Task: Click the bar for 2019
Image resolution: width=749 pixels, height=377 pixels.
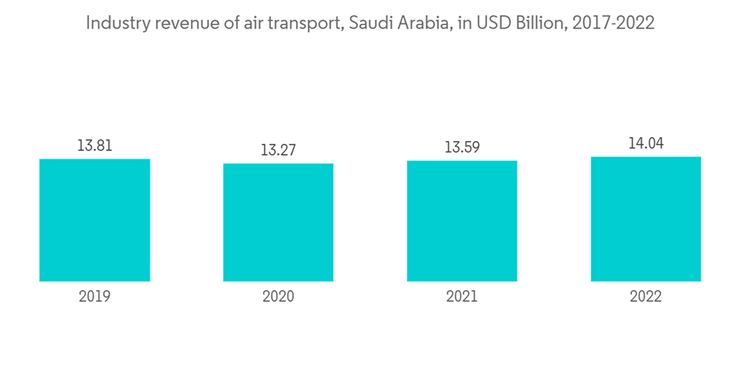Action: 94,220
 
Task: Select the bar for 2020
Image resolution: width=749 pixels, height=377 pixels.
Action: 278,222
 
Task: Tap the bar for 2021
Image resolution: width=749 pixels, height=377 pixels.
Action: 462,221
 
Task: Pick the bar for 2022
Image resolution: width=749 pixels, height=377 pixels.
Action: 646,219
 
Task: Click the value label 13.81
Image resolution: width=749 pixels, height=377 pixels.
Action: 94,146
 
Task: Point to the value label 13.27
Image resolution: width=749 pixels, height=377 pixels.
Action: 278,150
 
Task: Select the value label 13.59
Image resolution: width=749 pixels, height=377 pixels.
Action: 462,147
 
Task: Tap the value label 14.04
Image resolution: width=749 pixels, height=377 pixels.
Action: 646,144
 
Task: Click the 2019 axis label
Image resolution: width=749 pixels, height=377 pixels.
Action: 94,297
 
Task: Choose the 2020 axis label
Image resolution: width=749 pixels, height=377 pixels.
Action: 278,297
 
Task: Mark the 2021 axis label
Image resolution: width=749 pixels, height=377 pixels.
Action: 462,297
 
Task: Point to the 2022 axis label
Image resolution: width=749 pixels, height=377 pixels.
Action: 646,297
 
